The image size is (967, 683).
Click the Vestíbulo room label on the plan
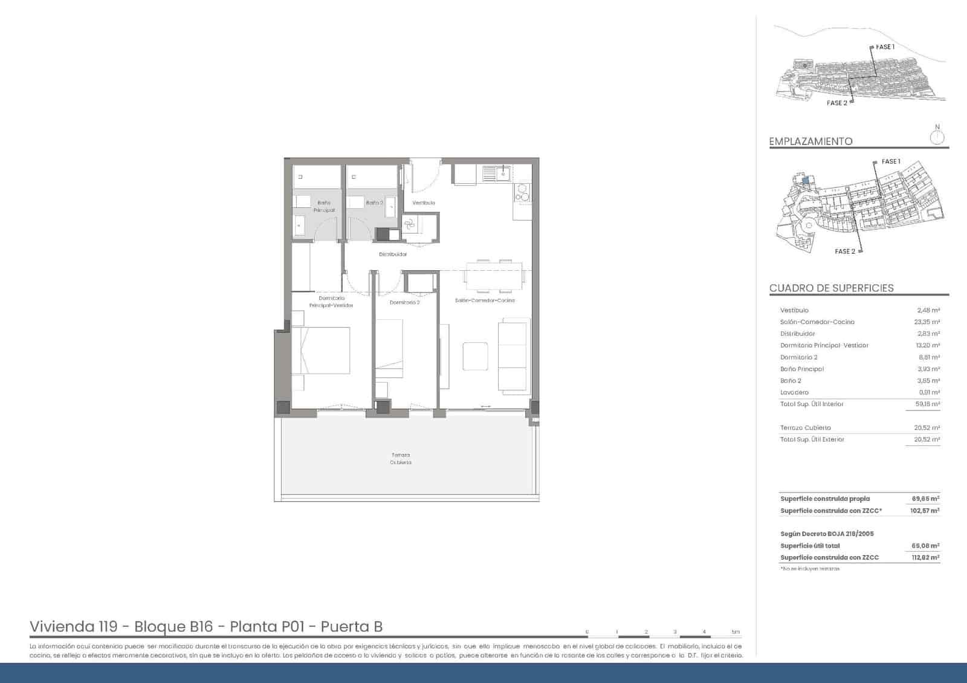[x=424, y=203]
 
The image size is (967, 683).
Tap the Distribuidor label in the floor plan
[x=393, y=254]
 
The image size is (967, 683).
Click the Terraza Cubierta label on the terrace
[x=400, y=459]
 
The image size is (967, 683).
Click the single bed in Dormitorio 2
[x=389, y=348]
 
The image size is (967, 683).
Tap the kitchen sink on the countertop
[x=502, y=174]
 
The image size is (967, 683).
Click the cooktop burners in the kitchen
[x=522, y=193]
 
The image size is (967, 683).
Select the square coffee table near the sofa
[x=475, y=356]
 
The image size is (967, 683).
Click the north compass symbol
[x=937, y=137]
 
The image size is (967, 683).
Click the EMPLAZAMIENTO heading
[x=810, y=141]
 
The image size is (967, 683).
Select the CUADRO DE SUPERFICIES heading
[x=831, y=288]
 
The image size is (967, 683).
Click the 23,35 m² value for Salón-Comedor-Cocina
[x=927, y=322]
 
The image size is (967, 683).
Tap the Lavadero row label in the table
[x=794, y=392]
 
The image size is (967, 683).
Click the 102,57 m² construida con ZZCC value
[x=925, y=511]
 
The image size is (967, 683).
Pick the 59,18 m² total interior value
[x=927, y=404]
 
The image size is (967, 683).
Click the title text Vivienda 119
[x=73, y=627]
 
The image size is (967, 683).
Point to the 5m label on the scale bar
[x=735, y=632]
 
